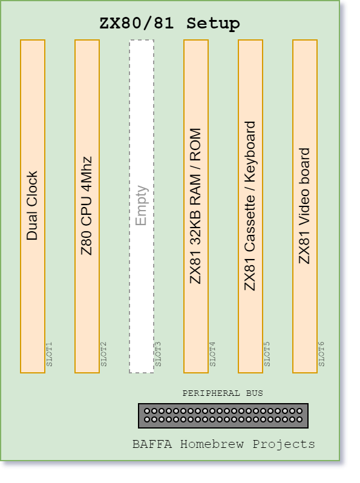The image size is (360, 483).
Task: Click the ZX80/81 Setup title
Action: [169, 24]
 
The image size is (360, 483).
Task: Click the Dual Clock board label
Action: [32, 205]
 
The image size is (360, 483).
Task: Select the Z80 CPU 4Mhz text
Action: [87, 205]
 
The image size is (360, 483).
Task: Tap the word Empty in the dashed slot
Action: [142, 205]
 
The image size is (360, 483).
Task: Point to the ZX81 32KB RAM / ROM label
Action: [195, 206]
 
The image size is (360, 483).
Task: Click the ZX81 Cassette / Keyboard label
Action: [250, 206]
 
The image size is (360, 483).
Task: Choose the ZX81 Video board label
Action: [304, 206]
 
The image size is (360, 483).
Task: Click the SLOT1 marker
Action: [49, 354]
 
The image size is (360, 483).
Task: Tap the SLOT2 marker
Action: [104, 354]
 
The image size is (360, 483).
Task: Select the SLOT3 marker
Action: [159, 354]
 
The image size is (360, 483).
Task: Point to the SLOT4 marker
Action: [212, 354]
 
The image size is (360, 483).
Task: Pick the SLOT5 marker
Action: [267, 354]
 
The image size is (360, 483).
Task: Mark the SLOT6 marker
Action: [321, 354]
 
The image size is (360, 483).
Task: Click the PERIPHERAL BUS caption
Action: [223, 393]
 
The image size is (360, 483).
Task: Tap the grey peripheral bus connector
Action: [223, 416]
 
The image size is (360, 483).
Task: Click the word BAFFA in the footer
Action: [152, 444]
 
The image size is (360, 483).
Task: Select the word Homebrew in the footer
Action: [212, 444]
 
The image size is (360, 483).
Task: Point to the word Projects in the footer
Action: [284, 445]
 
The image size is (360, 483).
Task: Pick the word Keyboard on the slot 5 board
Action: [250, 151]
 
